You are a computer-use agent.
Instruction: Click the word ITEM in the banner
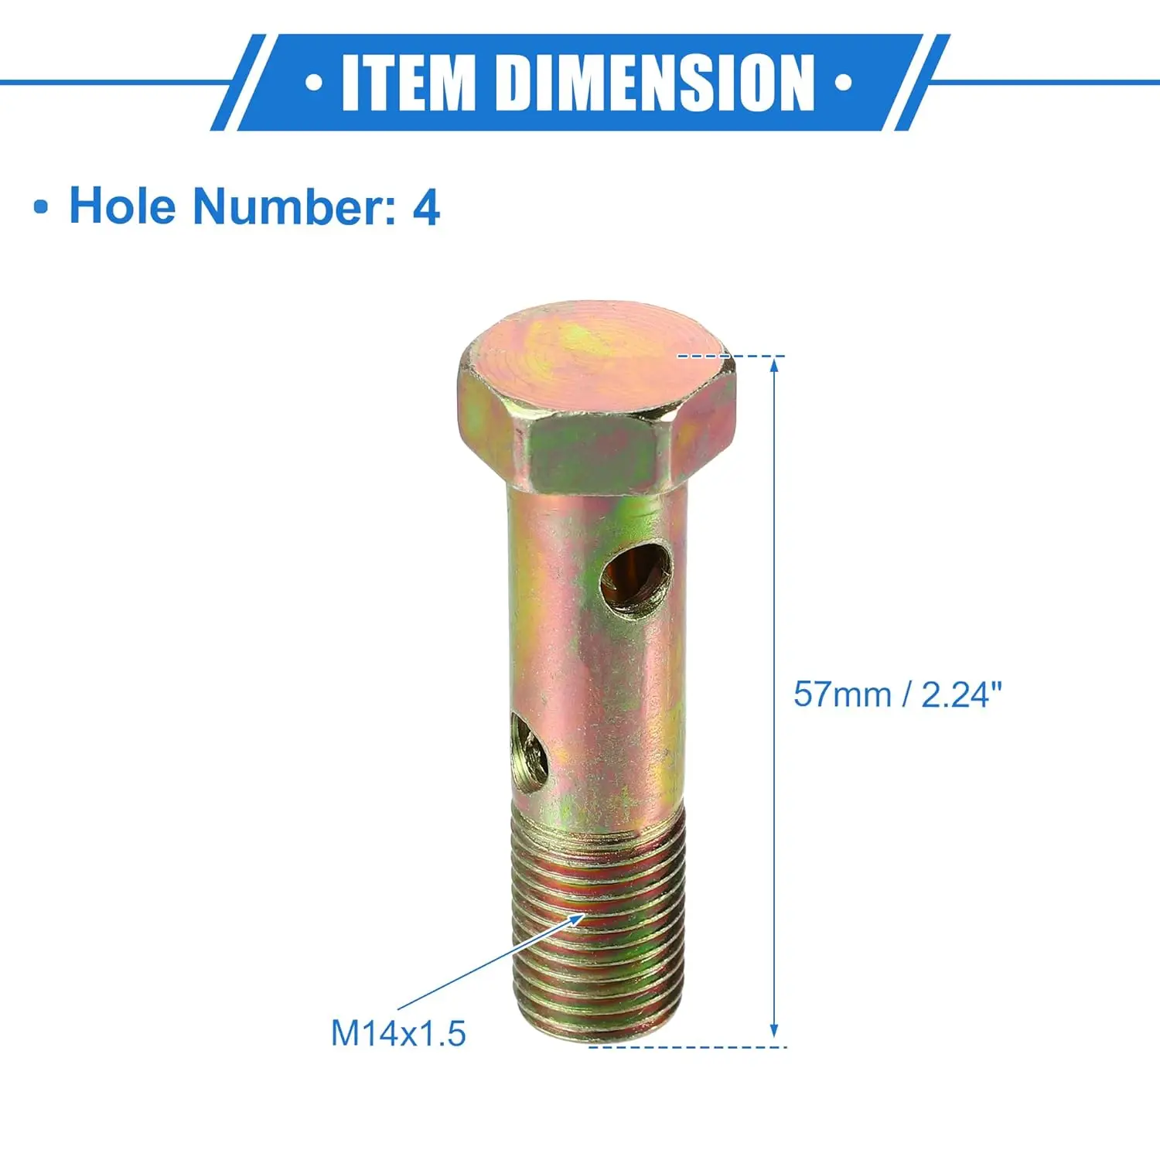408,82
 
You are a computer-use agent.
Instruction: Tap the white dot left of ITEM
313,82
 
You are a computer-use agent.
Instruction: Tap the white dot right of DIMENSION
844,82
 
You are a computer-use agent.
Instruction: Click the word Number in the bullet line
294,206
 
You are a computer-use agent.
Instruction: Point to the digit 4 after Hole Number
426,207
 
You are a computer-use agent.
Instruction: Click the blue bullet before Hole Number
41,208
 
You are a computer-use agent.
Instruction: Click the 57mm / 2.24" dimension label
897,694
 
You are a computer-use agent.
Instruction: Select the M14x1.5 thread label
398,1033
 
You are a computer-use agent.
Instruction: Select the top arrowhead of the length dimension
774,365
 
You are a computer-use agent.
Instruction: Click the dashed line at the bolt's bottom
688,1046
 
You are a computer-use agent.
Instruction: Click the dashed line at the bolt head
731,357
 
